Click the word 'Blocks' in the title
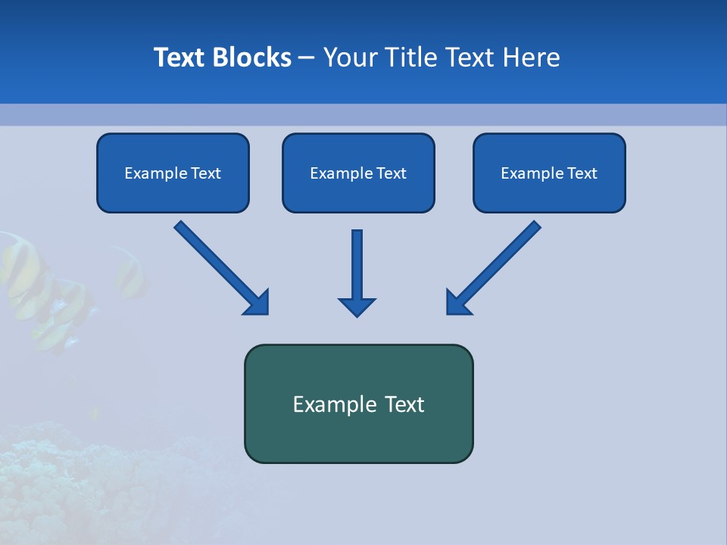(252, 58)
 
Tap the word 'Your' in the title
(348, 58)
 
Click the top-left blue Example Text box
(173, 173)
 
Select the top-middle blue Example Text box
(358, 173)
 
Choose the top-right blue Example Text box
(549, 173)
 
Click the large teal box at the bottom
(358, 403)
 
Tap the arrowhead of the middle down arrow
(357, 307)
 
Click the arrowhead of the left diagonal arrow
(257, 303)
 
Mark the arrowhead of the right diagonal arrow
(458, 303)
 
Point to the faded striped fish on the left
(30, 288)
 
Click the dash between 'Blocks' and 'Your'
(307, 58)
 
